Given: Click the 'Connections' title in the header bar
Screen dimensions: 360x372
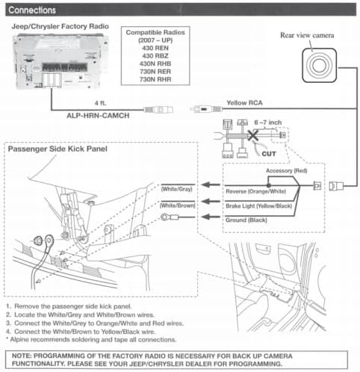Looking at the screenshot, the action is pyautogui.click(x=32, y=10).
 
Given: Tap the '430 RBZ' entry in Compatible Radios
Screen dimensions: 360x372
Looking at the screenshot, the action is pyautogui.click(x=155, y=56).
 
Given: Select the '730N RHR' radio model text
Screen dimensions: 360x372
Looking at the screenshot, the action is pyautogui.click(x=155, y=79).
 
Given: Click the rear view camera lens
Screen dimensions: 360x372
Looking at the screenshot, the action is pyautogui.click(x=319, y=66).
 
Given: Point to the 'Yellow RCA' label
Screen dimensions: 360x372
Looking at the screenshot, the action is pyautogui.click(x=244, y=103).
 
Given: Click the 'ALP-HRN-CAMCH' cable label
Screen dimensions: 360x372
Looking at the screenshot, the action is pyautogui.click(x=98, y=116).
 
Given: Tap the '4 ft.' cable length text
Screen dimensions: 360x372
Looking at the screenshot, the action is pyautogui.click(x=101, y=103).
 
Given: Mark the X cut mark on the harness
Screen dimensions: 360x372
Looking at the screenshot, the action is pyautogui.click(x=252, y=136).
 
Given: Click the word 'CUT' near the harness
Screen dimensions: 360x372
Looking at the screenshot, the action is pyautogui.click(x=269, y=154).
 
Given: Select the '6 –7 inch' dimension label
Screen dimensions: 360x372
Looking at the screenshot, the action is pyautogui.click(x=268, y=123).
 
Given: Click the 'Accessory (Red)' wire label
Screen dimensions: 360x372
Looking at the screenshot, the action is pyautogui.click(x=287, y=170).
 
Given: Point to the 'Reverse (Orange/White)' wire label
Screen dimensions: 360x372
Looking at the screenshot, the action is pyautogui.click(x=256, y=191).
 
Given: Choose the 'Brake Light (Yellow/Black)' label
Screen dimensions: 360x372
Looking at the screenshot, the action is pyautogui.click(x=259, y=206).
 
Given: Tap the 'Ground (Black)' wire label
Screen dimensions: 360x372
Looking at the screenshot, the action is pyautogui.click(x=246, y=220).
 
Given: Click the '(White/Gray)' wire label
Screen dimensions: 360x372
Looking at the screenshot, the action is pyautogui.click(x=177, y=189).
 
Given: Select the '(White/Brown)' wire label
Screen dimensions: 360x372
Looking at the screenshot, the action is pyautogui.click(x=178, y=205).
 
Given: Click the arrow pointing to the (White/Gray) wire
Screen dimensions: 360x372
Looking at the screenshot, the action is pyautogui.click(x=211, y=185).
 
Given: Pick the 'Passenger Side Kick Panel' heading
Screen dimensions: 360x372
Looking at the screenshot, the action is pyautogui.click(x=58, y=149).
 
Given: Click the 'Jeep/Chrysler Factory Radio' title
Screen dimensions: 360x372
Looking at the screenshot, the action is pyautogui.click(x=60, y=26).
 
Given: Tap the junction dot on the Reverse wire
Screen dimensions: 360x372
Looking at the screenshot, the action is pyautogui.click(x=268, y=185).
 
